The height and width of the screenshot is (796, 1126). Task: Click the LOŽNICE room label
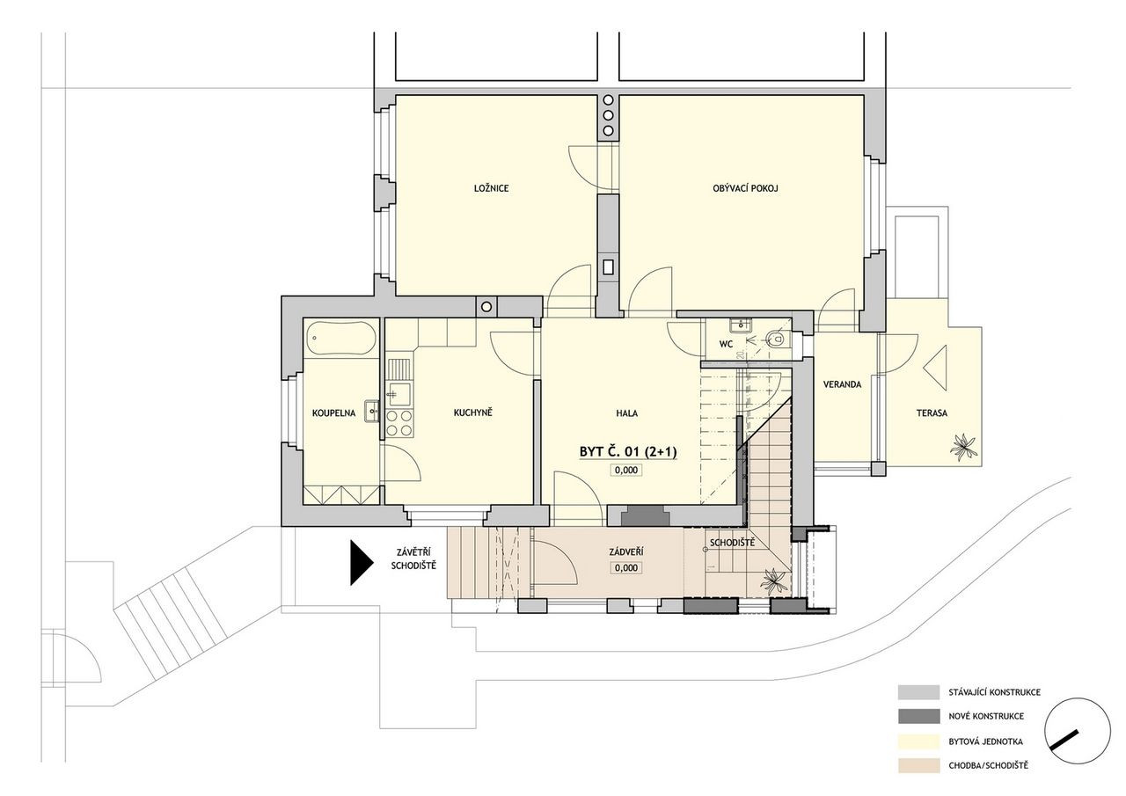tap(491, 188)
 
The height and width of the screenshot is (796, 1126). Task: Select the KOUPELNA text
tap(333, 413)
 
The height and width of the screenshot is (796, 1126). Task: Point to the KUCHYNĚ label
tap(472, 413)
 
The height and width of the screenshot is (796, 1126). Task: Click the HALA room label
tap(627, 413)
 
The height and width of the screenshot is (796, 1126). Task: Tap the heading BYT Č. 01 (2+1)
tap(628, 451)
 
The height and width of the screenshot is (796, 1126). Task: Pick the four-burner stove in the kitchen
tap(399, 423)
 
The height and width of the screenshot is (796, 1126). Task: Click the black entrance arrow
tap(361, 563)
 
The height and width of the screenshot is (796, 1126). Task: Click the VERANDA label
tap(842, 384)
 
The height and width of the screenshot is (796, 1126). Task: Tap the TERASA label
tap(932, 413)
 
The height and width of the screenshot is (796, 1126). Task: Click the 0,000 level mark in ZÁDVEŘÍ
tap(626, 568)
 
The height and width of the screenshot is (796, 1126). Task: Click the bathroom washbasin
tap(372, 412)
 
